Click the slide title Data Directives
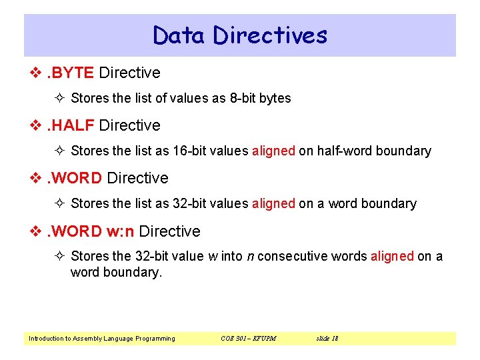click(x=240, y=35)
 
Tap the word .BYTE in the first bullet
click(x=69, y=73)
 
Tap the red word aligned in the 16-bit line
click(x=273, y=151)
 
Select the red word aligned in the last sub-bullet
click(x=392, y=256)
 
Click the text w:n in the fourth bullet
click(x=120, y=231)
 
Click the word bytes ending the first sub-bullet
click(x=275, y=98)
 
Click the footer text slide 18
click(x=327, y=338)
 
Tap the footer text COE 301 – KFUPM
click(x=248, y=338)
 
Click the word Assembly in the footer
click(x=89, y=338)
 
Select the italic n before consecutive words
click(x=249, y=256)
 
